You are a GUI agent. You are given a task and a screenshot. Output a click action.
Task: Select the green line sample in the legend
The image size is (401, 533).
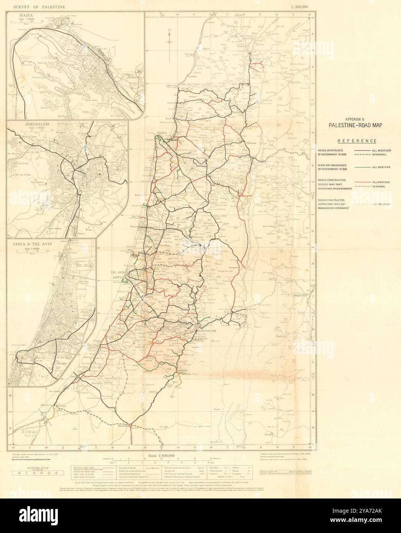click(363, 167)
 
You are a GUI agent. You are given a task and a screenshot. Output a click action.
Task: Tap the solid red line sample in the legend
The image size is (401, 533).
click(363, 182)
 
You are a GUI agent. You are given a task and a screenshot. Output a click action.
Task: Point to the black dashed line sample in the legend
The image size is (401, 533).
click(363, 155)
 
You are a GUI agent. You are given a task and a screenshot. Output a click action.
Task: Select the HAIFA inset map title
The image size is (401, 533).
click(20, 15)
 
